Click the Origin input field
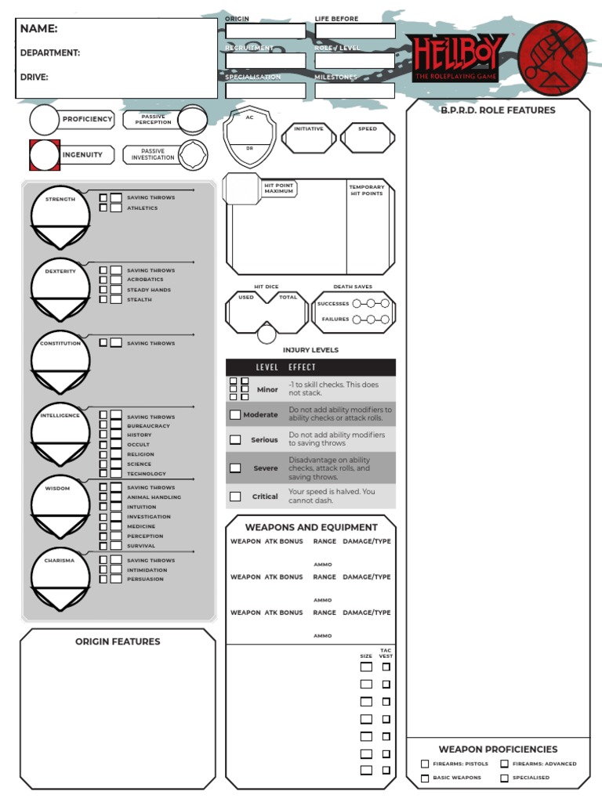pyautogui.click(x=266, y=31)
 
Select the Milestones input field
pyautogui.click(x=355, y=90)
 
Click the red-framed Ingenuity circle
pyautogui.click(x=44, y=155)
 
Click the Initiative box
pyautogui.click(x=308, y=138)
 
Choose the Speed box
pyautogui.click(x=368, y=138)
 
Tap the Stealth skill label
pyautogui.click(x=140, y=300)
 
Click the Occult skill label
pyautogui.click(x=138, y=445)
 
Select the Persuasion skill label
pyautogui.click(x=146, y=580)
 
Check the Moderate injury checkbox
pyautogui.click(x=235, y=414)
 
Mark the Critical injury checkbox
pyautogui.click(x=235, y=497)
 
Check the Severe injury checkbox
pyautogui.click(x=235, y=468)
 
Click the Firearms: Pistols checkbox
pyautogui.click(x=425, y=764)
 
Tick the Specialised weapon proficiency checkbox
pyautogui.click(x=505, y=778)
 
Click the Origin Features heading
pyautogui.click(x=118, y=641)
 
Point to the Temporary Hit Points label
pyautogui.click(x=367, y=190)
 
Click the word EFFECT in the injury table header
pyautogui.click(x=302, y=367)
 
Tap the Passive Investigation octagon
pyautogui.click(x=192, y=155)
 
